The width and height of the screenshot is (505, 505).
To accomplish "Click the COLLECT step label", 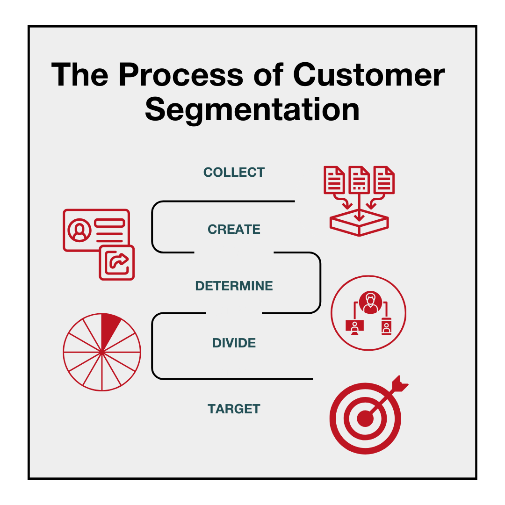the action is pyautogui.click(x=234, y=172).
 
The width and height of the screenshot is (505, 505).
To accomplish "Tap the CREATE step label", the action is pyautogui.click(x=234, y=229).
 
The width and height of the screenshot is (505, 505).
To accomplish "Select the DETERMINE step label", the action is pyautogui.click(x=234, y=286).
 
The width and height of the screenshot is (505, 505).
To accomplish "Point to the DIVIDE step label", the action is pyautogui.click(x=234, y=343).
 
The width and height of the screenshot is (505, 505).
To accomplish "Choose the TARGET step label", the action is pyautogui.click(x=234, y=409).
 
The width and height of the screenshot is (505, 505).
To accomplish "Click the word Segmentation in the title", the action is pyautogui.click(x=252, y=111).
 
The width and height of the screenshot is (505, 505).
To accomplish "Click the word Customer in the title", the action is pyautogui.click(x=369, y=75).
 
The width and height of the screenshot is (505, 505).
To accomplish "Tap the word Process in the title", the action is pyautogui.click(x=180, y=75).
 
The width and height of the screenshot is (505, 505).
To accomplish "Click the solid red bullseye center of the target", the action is pyautogui.click(x=365, y=418).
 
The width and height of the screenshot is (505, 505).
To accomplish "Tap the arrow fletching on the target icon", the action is pyautogui.click(x=400, y=383).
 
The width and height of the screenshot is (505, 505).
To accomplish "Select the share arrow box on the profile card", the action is pyautogui.click(x=116, y=262).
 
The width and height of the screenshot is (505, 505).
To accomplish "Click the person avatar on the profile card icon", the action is pyautogui.click(x=79, y=230).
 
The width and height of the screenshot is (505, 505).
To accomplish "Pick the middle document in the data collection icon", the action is pyautogui.click(x=359, y=180).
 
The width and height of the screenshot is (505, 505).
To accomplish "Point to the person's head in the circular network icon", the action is pyautogui.click(x=371, y=300).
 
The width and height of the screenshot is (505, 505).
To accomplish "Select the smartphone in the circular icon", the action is pyautogui.click(x=387, y=326).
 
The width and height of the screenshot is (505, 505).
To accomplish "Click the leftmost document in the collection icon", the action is pyautogui.click(x=334, y=180).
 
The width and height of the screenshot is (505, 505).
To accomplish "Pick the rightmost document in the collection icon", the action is pyautogui.click(x=384, y=180).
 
